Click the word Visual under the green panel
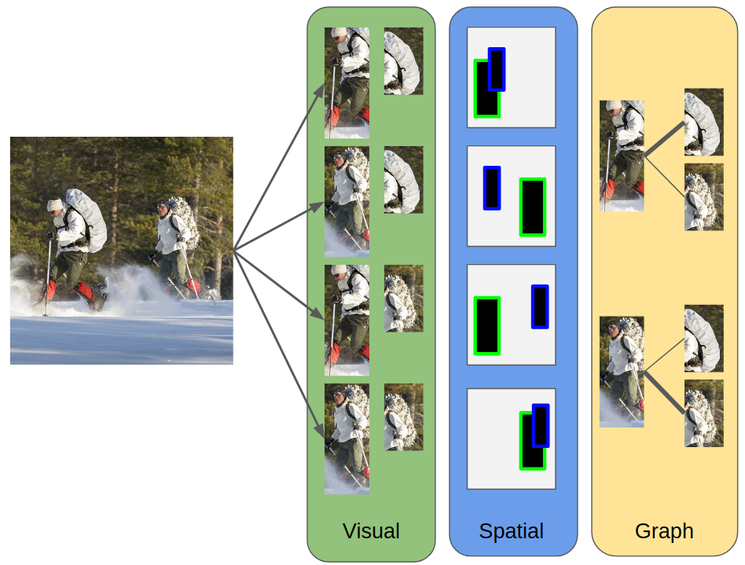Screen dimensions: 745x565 pyautogui.click(x=371, y=531)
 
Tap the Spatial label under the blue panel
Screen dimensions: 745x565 pyautogui.click(x=512, y=531)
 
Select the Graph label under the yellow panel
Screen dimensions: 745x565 pyautogui.click(x=664, y=531)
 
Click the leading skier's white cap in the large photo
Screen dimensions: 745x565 pyautogui.click(x=54, y=205)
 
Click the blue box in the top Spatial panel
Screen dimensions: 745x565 pyautogui.click(x=497, y=69)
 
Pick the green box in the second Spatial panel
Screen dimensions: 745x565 pyautogui.click(x=533, y=207)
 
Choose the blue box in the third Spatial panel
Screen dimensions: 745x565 pyautogui.click(x=540, y=306)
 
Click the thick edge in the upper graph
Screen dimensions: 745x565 pyautogui.click(x=665, y=138)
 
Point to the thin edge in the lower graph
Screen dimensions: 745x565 pyautogui.click(x=665, y=354)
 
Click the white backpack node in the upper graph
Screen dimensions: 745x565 pyautogui.click(x=703, y=122)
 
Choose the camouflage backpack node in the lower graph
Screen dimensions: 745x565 pyautogui.click(x=703, y=413)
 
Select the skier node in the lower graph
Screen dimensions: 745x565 pyautogui.click(x=622, y=372)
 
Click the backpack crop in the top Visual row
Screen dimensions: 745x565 pyautogui.click(x=403, y=61)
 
